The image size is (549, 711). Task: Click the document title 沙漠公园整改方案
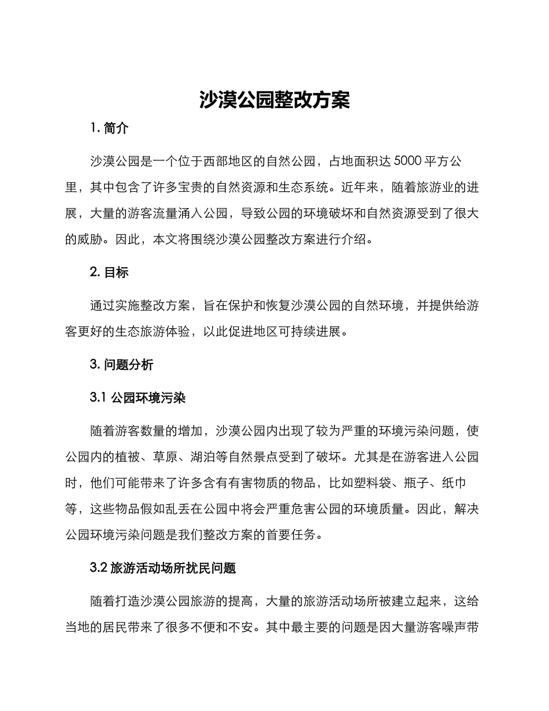tap(274, 100)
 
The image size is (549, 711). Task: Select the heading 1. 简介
tap(110, 128)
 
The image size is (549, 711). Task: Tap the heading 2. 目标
tap(110, 272)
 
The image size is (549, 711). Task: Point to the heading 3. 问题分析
tap(122, 364)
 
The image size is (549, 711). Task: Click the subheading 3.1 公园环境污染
tap(138, 398)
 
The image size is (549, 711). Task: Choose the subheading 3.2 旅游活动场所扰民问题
tap(163, 568)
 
